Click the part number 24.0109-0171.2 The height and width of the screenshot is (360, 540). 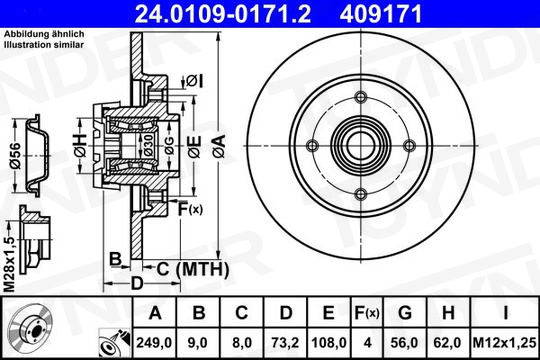(223, 14)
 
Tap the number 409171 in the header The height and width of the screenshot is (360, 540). (381, 14)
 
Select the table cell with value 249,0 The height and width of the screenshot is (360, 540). (154, 343)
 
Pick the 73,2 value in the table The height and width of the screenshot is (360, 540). (285, 343)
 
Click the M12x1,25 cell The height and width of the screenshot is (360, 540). (505, 343)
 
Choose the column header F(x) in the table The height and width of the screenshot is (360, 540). (367, 313)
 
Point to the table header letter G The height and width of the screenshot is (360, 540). (405, 313)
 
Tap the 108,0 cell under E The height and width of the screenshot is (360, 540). (329, 343)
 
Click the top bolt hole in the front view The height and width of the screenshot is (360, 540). (361, 97)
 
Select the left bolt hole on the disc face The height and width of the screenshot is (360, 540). (312, 146)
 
